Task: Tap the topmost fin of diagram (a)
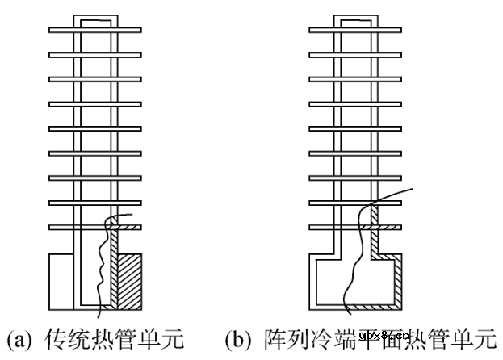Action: click(x=95, y=31)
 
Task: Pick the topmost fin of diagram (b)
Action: click(x=355, y=31)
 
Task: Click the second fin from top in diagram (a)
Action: click(x=95, y=55)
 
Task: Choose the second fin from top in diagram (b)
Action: click(x=355, y=55)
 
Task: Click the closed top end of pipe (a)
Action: click(x=96, y=17)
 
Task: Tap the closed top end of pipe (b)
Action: click(x=356, y=17)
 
